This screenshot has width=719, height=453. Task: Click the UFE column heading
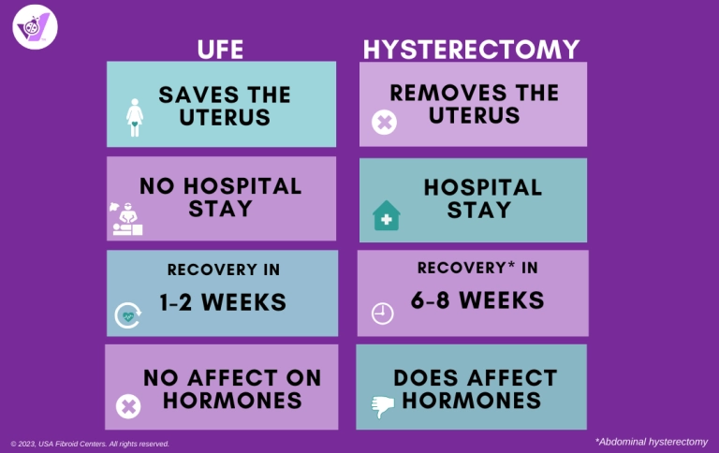click(x=220, y=49)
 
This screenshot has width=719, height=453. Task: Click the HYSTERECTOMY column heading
click(x=472, y=49)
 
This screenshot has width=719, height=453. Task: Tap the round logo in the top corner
click(x=35, y=27)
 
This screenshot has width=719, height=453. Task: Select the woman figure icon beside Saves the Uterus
click(x=135, y=117)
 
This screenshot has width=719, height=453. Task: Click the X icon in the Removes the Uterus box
click(x=384, y=122)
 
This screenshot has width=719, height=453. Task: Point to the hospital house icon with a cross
click(x=387, y=215)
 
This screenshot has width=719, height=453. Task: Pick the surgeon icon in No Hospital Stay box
click(x=126, y=219)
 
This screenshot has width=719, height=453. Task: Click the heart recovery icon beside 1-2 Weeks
click(x=128, y=315)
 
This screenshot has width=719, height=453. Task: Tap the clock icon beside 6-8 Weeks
click(x=382, y=314)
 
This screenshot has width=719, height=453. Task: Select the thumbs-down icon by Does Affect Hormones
click(x=383, y=406)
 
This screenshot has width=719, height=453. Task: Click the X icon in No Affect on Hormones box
click(x=128, y=406)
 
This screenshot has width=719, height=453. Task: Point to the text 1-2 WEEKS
click(x=223, y=302)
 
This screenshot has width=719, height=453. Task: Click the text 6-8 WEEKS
click(x=477, y=300)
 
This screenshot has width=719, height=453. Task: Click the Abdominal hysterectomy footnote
click(x=652, y=442)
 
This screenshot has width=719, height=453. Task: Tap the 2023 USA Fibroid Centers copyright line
click(x=90, y=444)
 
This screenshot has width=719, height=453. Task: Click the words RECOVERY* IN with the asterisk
click(x=477, y=268)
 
